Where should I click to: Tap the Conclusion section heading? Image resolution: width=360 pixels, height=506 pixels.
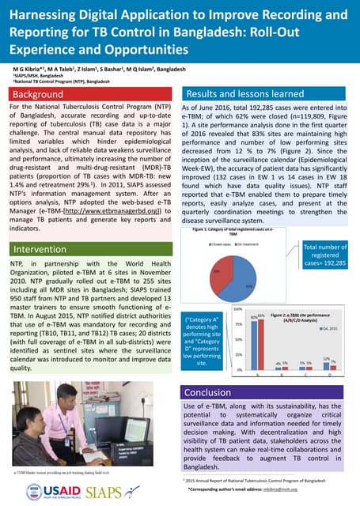point(207,392)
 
